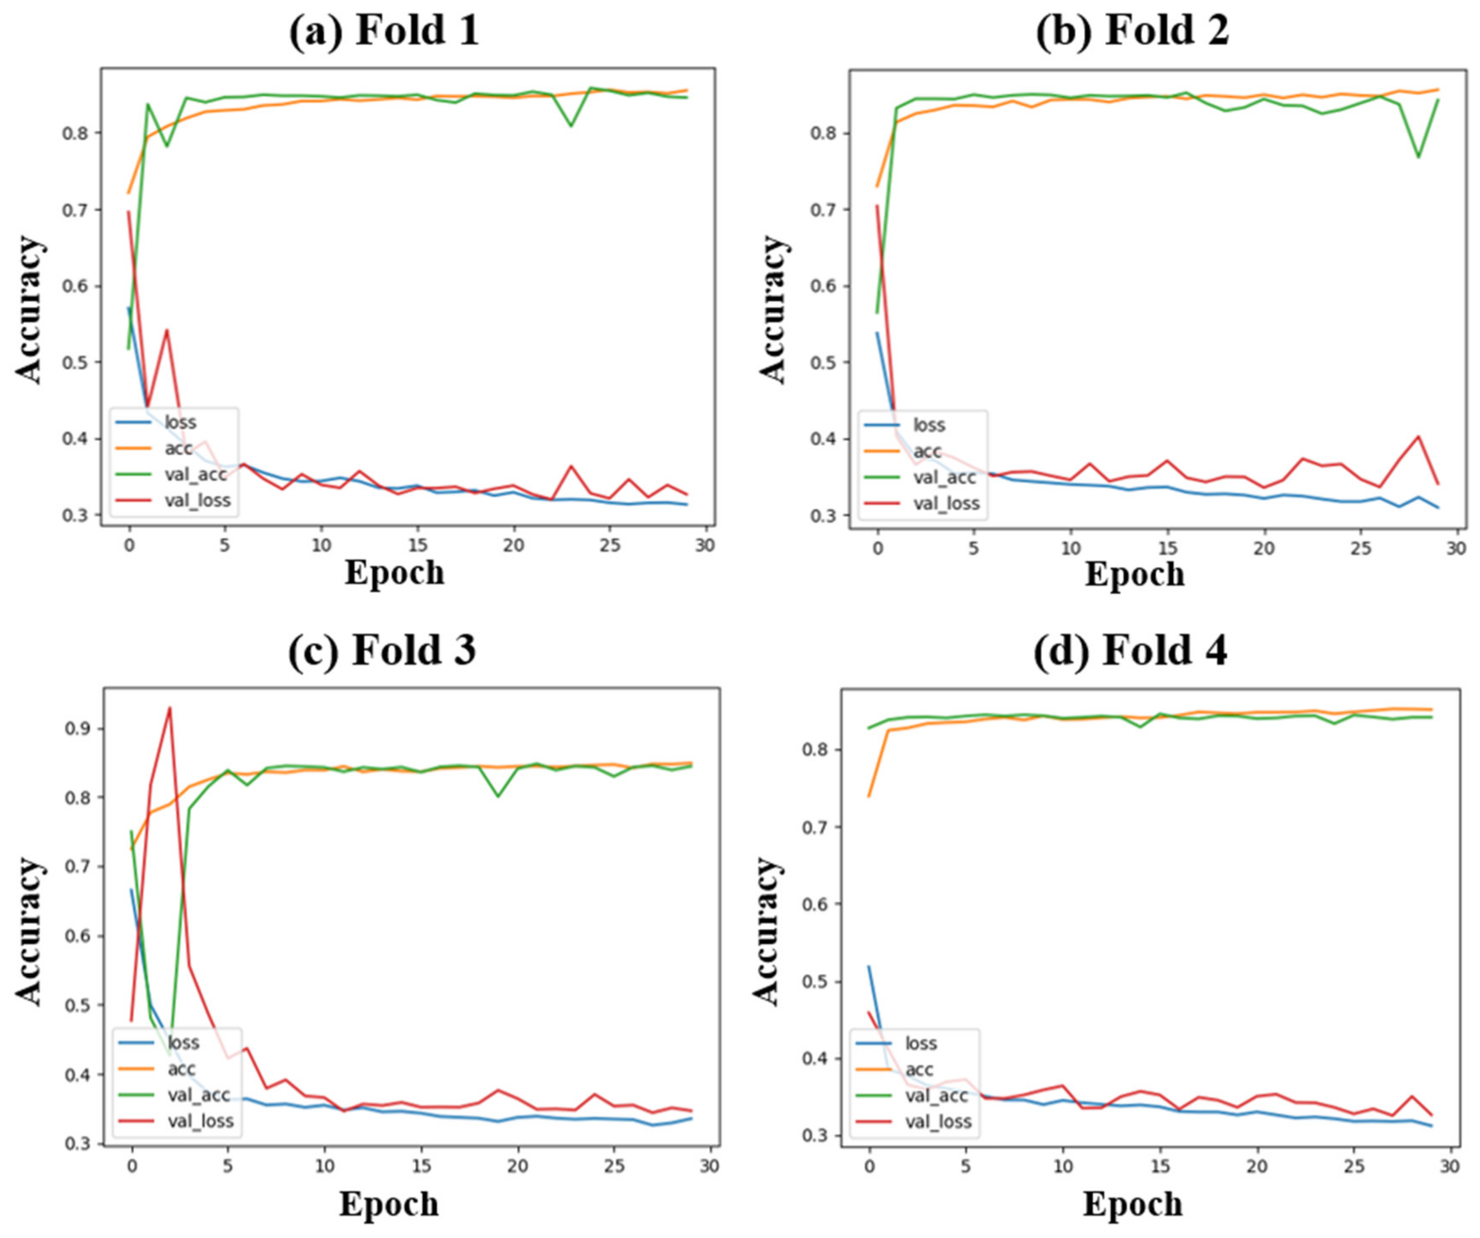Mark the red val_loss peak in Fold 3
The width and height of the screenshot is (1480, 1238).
coord(169,708)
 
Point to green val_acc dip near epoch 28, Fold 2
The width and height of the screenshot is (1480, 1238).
coord(1418,156)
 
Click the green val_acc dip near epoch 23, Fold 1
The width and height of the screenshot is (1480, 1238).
coord(570,126)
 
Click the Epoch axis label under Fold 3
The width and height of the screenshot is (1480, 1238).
coord(389,1204)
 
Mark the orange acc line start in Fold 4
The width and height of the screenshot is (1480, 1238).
coord(869,796)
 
